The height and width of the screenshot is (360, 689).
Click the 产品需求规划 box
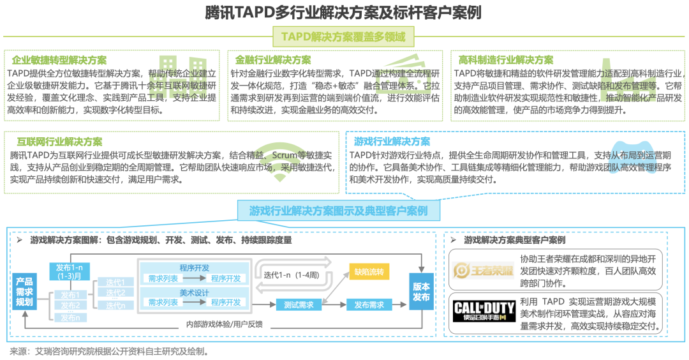[24, 292]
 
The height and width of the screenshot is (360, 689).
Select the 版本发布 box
[422, 292]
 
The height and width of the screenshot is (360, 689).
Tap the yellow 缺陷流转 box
[369, 272]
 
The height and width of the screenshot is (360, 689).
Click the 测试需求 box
[299, 305]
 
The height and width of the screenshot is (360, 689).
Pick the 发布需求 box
[369, 305]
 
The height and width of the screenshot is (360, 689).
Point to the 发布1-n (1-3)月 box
[68, 271]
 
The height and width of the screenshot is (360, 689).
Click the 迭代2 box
[115, 293]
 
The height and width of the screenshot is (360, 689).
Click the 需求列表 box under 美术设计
[163, 303]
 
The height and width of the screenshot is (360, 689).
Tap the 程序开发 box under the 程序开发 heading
[225, 279]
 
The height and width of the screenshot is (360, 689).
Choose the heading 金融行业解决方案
[272, 60]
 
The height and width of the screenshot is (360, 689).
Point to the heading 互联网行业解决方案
[56, 142]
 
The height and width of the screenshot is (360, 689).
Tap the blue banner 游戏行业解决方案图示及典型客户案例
[338, 211]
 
